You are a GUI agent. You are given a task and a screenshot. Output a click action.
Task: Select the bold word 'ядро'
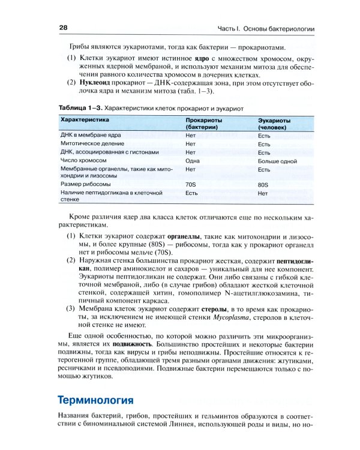[184, 58]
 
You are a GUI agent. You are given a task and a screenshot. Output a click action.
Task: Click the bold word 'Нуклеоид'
[92, 82]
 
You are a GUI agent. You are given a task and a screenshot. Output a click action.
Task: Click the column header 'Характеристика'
[84, 121]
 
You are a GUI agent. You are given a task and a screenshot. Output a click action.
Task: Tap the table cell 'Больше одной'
[277, 161]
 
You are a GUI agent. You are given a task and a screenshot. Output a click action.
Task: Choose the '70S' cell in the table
[191, 184]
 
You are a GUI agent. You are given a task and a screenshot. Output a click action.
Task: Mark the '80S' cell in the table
[263, 184]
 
